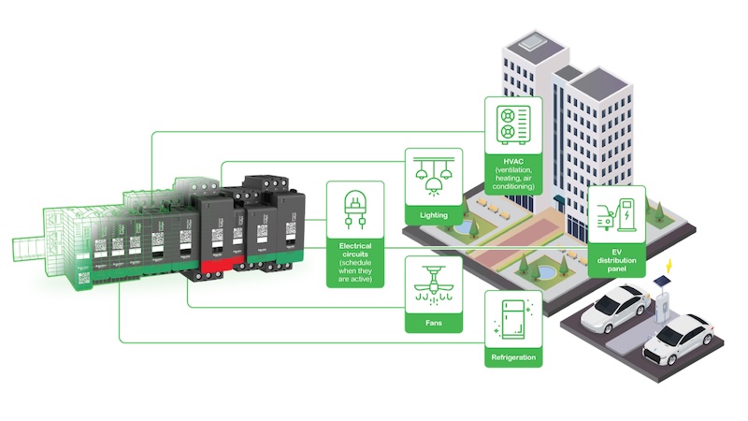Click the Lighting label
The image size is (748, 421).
point(433,214)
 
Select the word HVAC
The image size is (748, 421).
point(511,161)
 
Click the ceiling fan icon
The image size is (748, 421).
point(433,286)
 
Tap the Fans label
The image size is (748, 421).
point(433,323)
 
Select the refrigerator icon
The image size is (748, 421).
point(512,319)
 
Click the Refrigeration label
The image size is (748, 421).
point(512,357)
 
